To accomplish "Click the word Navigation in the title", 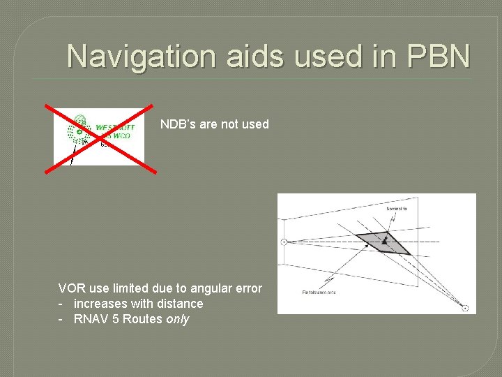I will tap(142, 57).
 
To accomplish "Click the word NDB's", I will tap(178, 124).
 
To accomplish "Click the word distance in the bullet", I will tap(181, 304).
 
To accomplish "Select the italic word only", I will tap(177, 319).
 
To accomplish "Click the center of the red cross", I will tap(100, 136).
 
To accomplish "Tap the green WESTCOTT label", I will tap(114, 128).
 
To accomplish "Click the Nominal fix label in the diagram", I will tap(397, 208).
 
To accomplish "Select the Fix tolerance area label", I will tap(319, 292).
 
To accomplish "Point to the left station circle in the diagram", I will tap(284, 242).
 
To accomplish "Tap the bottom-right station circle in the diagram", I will tap(465, 308).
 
